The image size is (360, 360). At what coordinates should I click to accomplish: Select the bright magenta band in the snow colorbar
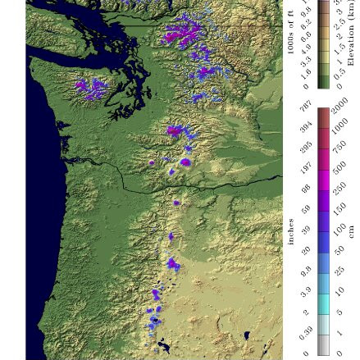click(323, 176)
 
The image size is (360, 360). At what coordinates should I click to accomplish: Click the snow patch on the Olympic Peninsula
click(91, 86)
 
